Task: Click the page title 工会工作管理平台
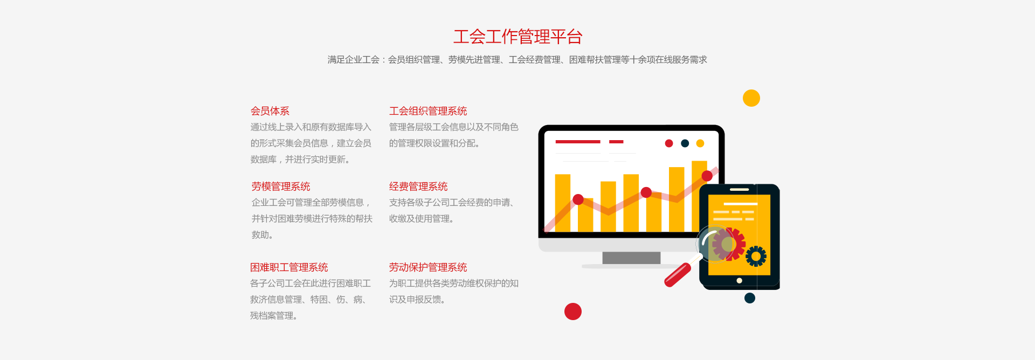(517, 37)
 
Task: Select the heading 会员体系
(270, 111)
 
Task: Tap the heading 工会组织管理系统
(428, 111)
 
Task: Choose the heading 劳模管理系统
(281, 186)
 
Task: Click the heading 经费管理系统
(418, 186)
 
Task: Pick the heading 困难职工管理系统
(289, 267)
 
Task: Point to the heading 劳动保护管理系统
(428, 267)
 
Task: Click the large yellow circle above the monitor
(751, 98)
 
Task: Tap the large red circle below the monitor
(572, 311)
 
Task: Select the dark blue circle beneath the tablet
(749, 298)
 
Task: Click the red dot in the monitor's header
(669, 143)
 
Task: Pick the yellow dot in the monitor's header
(700, 143)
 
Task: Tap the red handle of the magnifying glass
(678, 275)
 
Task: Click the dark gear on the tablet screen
(756, 257)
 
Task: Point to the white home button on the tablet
(739, 281)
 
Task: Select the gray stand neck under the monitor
(631, 258)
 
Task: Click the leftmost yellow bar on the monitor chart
(563, 203)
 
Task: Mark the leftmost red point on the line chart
(578, 199)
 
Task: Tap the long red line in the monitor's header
(578, 142)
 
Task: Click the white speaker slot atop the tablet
(739, 190)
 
